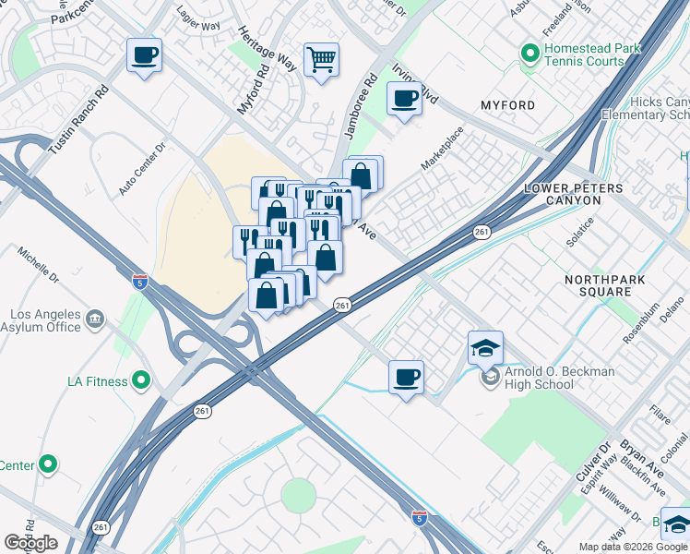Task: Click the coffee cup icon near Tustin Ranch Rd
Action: click(144, 55)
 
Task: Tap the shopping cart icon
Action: click(321, 60)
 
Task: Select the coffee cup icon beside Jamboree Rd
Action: click(404, 98)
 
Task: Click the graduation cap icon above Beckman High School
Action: click(485, 348)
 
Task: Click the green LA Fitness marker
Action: click(140, 379)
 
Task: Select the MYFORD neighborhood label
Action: click(507, 105)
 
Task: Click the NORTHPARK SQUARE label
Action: click(604, 285)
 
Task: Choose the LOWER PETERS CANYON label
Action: click(600, 194)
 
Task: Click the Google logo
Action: click(30, 543)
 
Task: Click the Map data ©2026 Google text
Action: click(633, 547)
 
